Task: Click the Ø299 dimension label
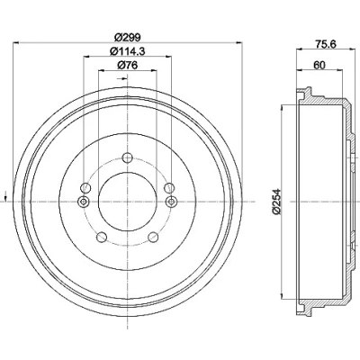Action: [128, 37]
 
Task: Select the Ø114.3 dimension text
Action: [128, 51]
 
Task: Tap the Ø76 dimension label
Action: [128, 65]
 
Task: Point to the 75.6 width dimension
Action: [326, 44]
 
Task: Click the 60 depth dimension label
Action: [319, 65]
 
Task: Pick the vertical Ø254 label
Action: [276, 202]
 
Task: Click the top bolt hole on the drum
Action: [128, 157]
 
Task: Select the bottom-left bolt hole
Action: [102, 237]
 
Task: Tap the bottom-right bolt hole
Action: [153, 237]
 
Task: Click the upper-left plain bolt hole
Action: [85, 188]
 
